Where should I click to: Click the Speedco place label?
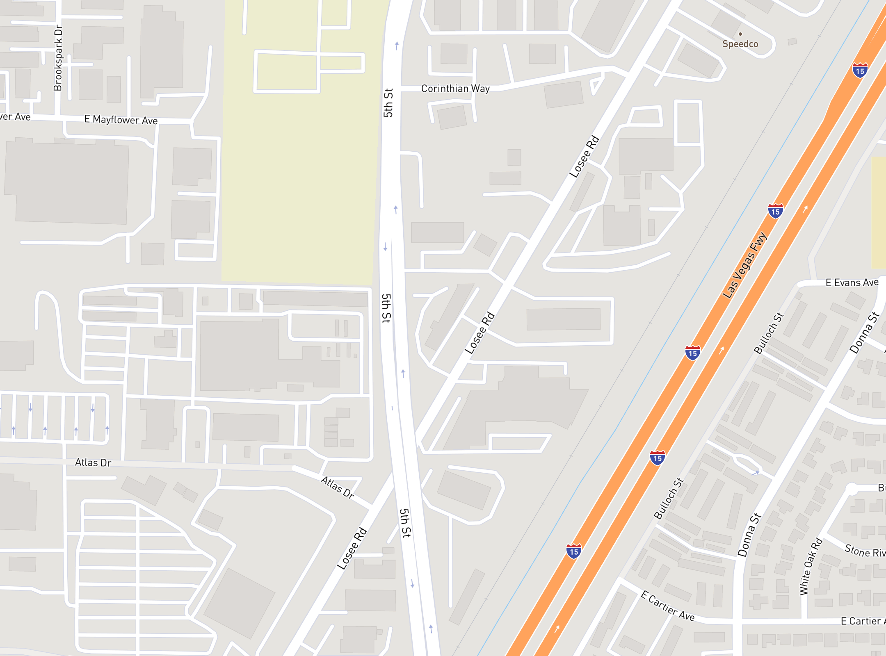tap(740, 44)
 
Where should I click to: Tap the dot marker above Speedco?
tap(740, 34)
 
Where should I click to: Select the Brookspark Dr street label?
tap(58, 58)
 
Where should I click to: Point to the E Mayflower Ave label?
tap(121, 120)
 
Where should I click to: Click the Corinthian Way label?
tap(455, 89)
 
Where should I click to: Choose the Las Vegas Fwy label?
tap(744, 265)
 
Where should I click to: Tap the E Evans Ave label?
tap(852, 282)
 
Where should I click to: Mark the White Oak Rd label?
tap(811, 566)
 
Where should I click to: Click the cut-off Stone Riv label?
tap(865, 551)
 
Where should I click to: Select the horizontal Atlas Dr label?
tap(93, 462)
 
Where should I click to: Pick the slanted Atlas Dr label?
tap(337, 487)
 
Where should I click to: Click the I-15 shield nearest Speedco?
tap(860, 70)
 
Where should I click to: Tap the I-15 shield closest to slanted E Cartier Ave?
tap(573, 551)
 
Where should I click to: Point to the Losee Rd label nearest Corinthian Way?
tap(584, 157)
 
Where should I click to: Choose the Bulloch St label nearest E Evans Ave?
tap(768, 333)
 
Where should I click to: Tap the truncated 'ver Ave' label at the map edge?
tap(15, 117)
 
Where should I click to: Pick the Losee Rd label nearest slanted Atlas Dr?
tap(352, 549)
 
